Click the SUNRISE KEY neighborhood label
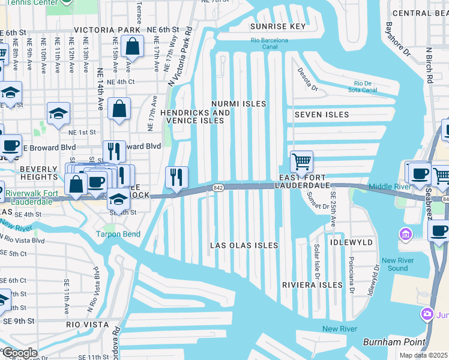click(277, 26)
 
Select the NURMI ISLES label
click(238, 104)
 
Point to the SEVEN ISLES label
click(322, 115)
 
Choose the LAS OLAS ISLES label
click(244, 245)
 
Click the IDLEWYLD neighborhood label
click(351, 242)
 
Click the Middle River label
click(389, 187)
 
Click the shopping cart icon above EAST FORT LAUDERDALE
click(301, 161)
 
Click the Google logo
click(20, 353)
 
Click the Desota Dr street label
click(308, 79)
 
